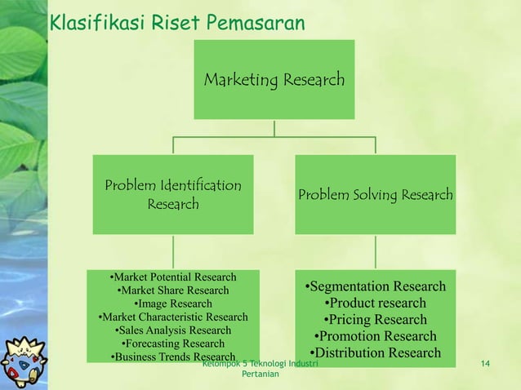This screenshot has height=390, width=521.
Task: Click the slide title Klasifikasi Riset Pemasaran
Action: pos(177,22)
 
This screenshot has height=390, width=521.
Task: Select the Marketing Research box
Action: pos(274,80)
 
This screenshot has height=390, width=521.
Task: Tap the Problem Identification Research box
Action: pos(173,193)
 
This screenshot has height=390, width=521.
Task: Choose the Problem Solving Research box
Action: pos(375,195)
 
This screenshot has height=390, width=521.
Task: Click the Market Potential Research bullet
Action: pos(173,277)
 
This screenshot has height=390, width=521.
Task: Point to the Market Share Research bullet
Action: pos(173,290)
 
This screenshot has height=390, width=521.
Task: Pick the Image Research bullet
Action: pos(173,304)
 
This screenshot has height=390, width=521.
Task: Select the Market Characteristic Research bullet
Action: pos(173,317)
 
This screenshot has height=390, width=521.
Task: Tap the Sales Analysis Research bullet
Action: pos(173,330)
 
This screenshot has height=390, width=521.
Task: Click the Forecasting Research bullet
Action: pos(173,343)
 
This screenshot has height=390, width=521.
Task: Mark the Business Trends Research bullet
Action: pos(173,357)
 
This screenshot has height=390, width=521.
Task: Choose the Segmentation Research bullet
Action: pos(375,286)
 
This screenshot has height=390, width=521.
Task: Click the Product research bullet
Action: pos(375,303)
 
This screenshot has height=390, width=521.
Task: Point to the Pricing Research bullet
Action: pos(375,320)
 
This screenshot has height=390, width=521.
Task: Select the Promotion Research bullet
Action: pos(375,336)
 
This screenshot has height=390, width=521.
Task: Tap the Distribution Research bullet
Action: pos(375,353)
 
